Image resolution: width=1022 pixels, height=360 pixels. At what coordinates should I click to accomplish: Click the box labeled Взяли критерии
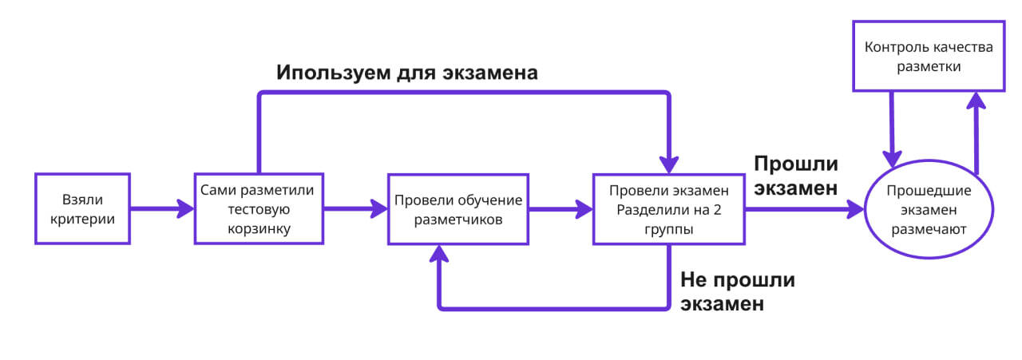click(x=83, y=208)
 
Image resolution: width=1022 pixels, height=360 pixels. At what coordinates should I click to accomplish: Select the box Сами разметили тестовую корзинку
click(x=258, y=208)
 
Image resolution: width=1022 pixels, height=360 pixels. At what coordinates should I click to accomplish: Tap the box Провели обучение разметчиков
click(x=458, y=208)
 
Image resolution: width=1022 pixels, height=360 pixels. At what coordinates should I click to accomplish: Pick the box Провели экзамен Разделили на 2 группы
click(x=668, y=208)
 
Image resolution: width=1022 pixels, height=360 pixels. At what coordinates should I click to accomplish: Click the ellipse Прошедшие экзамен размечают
click(x=929, y=210)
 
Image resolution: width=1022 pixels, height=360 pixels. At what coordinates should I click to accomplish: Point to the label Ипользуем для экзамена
click(x=406, y=73)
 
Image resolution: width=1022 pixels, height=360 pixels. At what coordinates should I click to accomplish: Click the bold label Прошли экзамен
click(x=795, y=176)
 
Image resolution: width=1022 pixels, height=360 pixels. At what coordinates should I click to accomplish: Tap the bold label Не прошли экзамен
click(x=737, y=291)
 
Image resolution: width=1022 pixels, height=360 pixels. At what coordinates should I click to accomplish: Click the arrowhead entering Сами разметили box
click(x=188, y=209)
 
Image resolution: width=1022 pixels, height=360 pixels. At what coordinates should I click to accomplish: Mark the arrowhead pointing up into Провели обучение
click(x=439, y=252)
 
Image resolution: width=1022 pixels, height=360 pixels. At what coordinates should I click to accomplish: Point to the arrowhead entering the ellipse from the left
click(x=858, y=209)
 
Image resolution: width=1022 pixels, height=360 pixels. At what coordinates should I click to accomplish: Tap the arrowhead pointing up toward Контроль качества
click(x=975, y=100)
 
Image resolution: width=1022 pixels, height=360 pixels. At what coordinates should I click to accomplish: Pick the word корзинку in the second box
click(x=258, y=228)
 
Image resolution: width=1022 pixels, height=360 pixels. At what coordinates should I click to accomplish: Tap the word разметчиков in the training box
click(x=458, y=218)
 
